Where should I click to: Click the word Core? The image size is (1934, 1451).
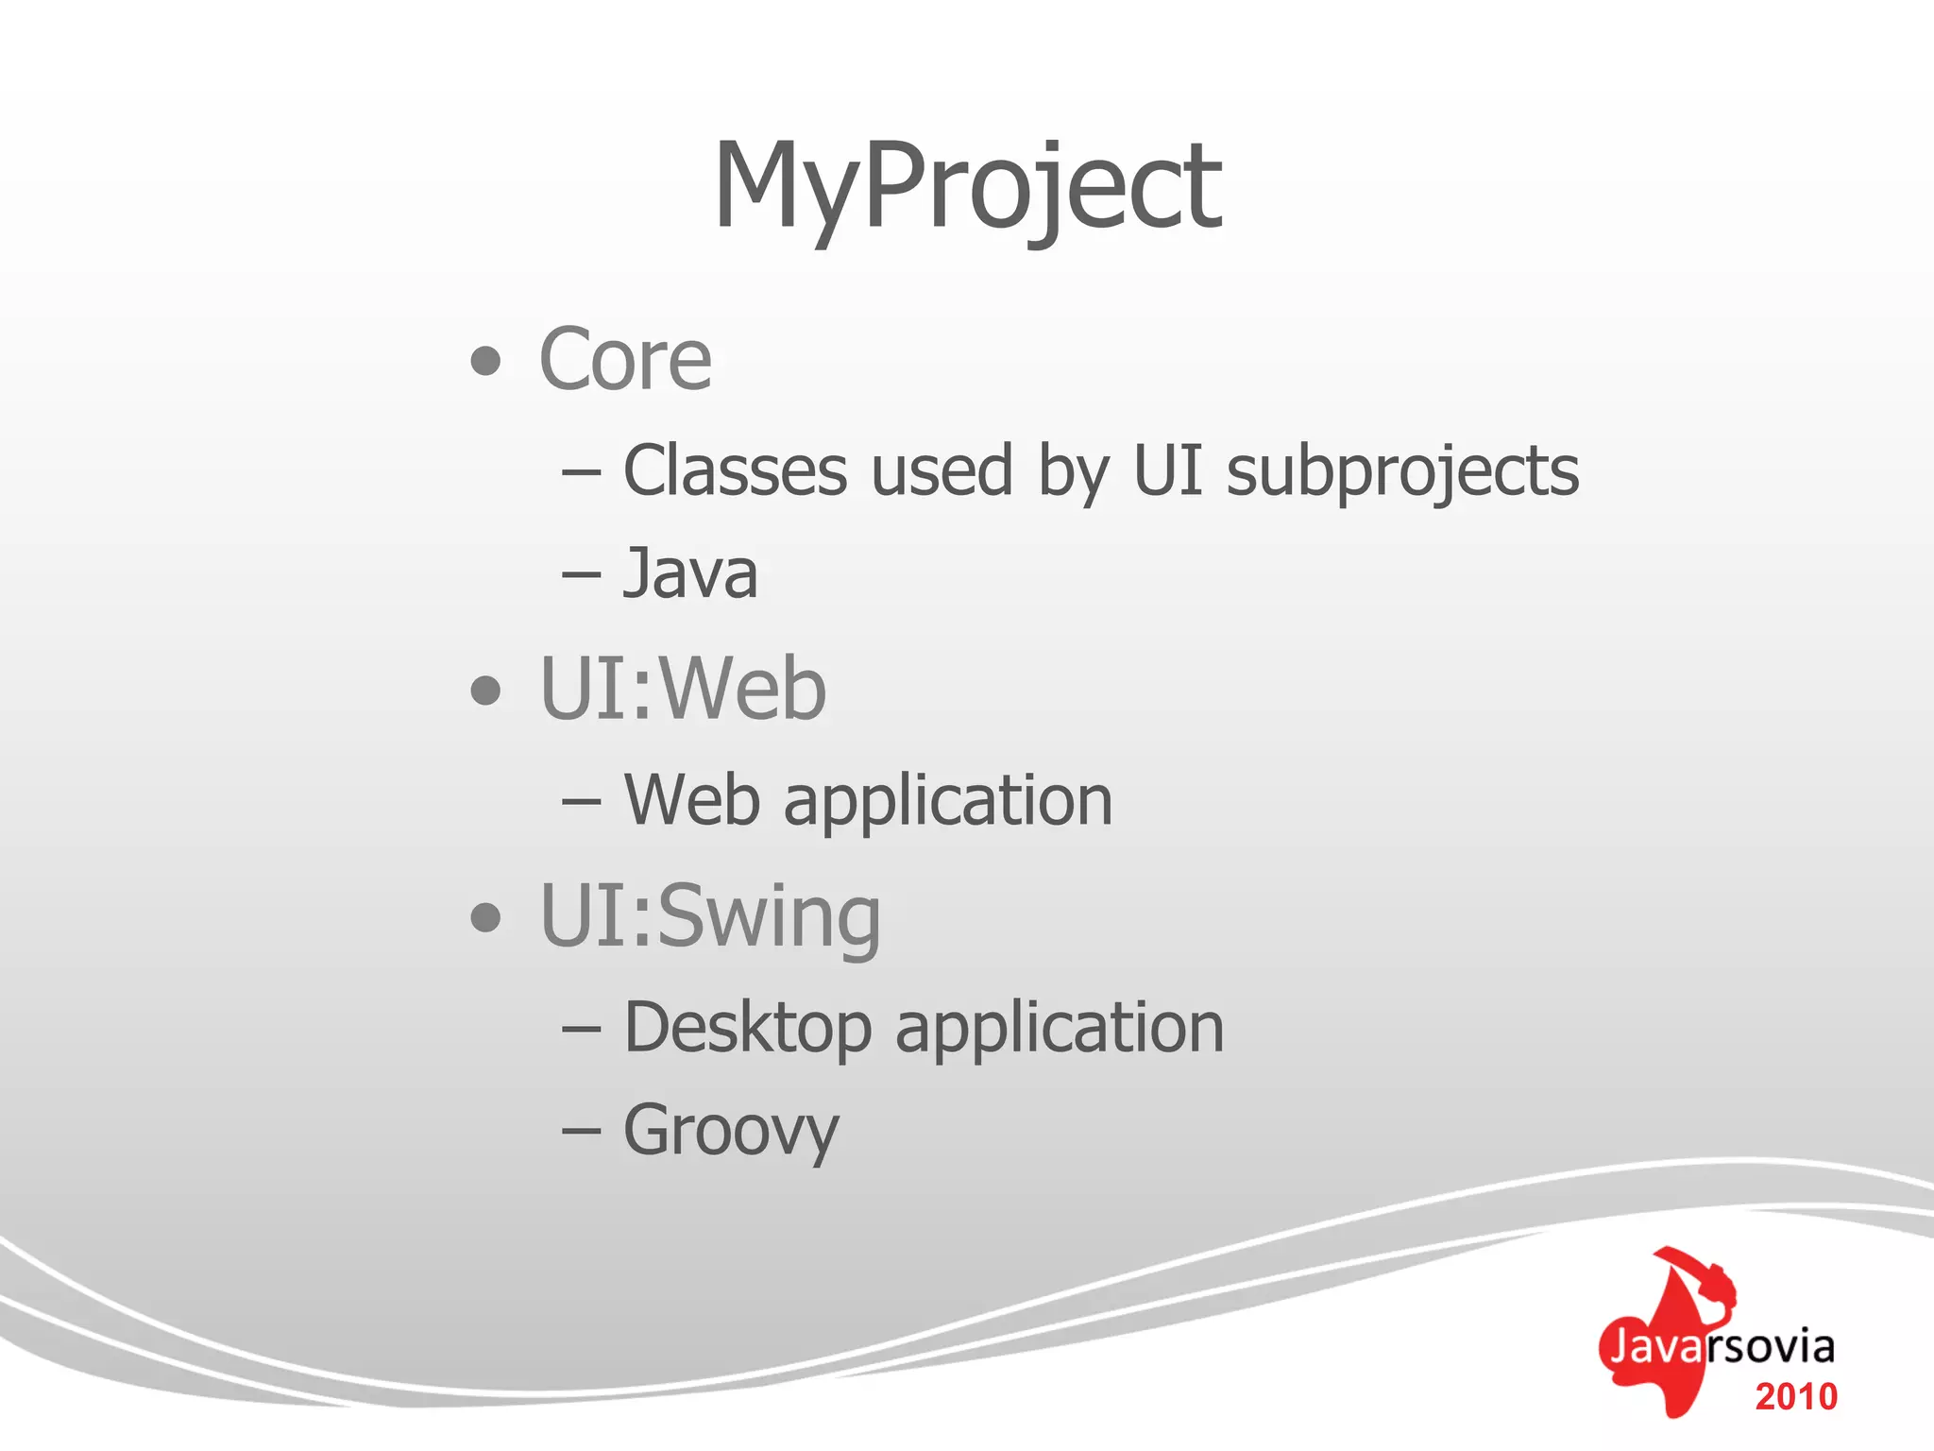click(x=625, y=360)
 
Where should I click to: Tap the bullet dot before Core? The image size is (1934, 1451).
click(x=485, y=361)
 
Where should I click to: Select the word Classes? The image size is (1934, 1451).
click(x=735, y=471)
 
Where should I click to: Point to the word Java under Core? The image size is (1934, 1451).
click(x=690, y=574)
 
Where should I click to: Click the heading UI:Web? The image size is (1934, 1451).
click(x=682, y=690)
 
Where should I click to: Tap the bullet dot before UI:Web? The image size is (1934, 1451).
click(x=485, y=691)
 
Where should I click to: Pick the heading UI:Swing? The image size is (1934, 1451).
click(x=709, y=916)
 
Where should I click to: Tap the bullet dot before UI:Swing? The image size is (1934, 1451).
click(x=485, y=916)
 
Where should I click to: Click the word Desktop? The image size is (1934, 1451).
click(x=748, y=1029)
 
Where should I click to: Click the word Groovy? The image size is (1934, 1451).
click(x=731, y=1132)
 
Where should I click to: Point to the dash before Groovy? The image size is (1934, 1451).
click(x=582, y=1131)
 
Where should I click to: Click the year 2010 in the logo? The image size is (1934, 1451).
click(x=1795, y=1397)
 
